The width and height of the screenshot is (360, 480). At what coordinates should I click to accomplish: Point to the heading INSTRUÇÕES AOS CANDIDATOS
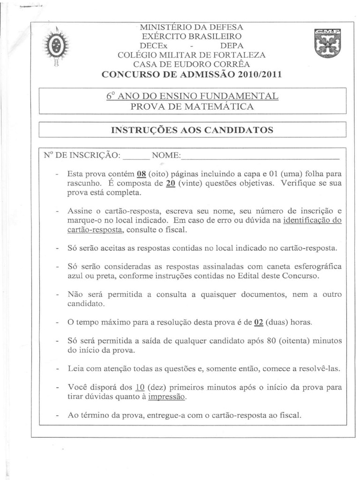point(192,130)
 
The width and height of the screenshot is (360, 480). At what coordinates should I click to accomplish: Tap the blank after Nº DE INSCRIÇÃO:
point(135,156)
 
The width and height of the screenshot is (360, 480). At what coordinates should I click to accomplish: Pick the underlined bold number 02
point(258,322)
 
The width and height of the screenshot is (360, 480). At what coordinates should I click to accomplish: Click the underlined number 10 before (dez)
point(139,388)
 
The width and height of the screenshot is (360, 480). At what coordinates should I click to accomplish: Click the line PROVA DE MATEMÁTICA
point(192,107)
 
